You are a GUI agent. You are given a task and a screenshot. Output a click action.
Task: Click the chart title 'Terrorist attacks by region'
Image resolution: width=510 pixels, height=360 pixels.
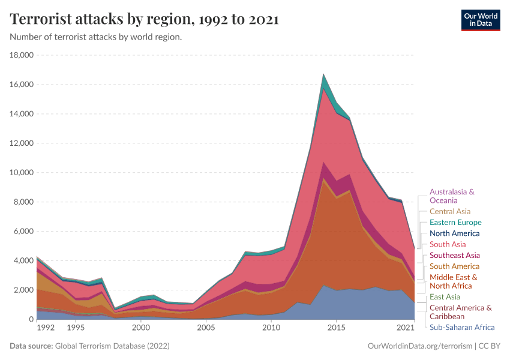pos(144,19)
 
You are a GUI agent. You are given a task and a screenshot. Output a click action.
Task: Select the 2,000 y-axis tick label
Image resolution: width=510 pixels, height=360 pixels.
pos(24,290)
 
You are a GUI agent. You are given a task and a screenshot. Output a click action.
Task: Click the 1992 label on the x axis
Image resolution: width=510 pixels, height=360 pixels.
pos(45,328)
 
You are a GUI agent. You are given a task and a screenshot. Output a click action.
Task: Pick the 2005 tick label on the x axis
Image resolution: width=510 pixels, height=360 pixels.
pos(206,328)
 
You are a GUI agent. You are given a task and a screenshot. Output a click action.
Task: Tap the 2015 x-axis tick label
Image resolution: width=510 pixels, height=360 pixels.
pos(337,328)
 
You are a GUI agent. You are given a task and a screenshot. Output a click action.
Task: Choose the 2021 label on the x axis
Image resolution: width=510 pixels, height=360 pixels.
pos(406,328)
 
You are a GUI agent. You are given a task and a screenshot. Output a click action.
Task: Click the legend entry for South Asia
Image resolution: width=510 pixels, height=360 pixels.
pos(447,245)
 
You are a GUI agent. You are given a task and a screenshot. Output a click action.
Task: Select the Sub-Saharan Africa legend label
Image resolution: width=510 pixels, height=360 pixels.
pos(462,328)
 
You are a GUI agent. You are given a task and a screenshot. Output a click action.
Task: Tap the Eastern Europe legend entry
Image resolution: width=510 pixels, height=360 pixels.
pos(455,223)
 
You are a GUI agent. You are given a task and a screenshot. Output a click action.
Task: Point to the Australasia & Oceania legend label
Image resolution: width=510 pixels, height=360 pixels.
pos(452,196)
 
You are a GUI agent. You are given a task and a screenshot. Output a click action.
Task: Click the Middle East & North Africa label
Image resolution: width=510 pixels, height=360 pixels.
pos(453,281)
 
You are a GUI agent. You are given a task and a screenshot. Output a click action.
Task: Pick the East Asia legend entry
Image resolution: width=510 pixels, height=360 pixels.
pos(445,297)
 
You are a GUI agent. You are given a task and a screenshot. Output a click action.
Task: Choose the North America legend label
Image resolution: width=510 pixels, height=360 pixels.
pos(454,233)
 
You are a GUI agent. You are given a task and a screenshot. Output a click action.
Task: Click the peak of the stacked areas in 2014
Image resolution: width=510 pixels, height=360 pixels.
pos(324,75)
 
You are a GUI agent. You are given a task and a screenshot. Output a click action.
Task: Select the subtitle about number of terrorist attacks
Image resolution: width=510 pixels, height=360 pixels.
pos(96,37)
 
